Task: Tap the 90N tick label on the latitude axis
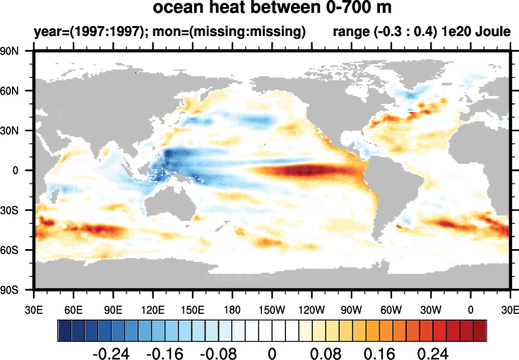[16, 52]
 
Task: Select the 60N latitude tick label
[16, 91]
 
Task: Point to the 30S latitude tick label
[16, 210]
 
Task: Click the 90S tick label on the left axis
[16, 290]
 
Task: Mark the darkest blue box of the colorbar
[64, 330]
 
